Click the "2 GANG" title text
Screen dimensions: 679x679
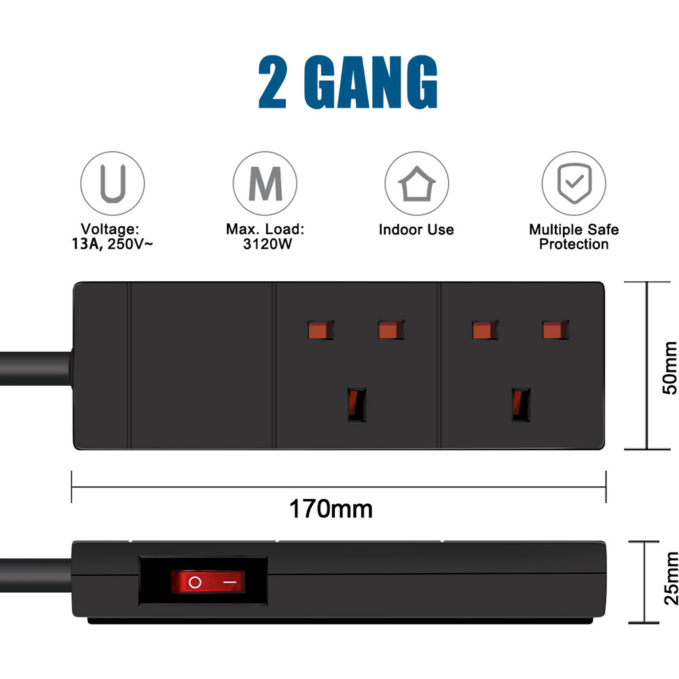[x=348, y=82]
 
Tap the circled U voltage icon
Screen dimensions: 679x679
[x=113, y=183]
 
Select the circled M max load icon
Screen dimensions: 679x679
[x=265, y=183]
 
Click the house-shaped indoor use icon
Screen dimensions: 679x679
[x=416, y=183]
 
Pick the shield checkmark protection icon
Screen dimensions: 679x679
[x=573, y=183]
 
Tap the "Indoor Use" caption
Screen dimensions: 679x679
[x=416, y=230]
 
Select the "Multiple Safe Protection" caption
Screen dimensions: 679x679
[x=574, y=237]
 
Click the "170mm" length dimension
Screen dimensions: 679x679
[x=331, y=508]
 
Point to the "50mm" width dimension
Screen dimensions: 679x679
[x=669, y=367]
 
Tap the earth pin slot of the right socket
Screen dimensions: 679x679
[x=521, y=405]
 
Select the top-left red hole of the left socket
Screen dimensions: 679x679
[x=321, y=330]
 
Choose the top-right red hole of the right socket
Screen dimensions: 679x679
[x=555, y=330]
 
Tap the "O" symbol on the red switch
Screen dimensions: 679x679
[x=196, y=582]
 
